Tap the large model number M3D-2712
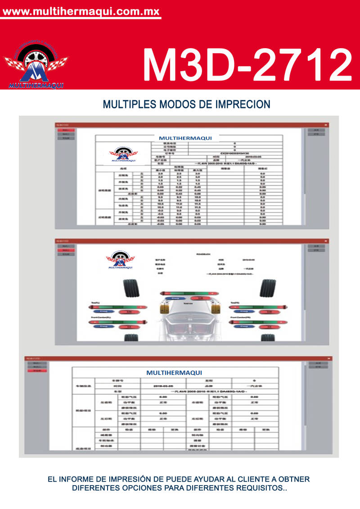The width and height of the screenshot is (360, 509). pos(247,64)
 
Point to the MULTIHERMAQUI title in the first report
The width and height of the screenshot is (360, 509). pos(185,138)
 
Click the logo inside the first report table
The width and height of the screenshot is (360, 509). pos(123,154)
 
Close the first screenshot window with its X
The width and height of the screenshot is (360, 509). pos(326,125)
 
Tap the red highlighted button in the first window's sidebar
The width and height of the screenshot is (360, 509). pos(66,130)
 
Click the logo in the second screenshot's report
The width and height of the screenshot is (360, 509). pos(120,261)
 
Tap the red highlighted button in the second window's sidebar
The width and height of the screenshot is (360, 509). pos(66,250)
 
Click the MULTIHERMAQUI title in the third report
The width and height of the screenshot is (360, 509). pos(174,373)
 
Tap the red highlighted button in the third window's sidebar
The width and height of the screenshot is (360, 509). pos(37,370)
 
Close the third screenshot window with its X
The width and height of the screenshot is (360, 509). pos(329,359)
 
